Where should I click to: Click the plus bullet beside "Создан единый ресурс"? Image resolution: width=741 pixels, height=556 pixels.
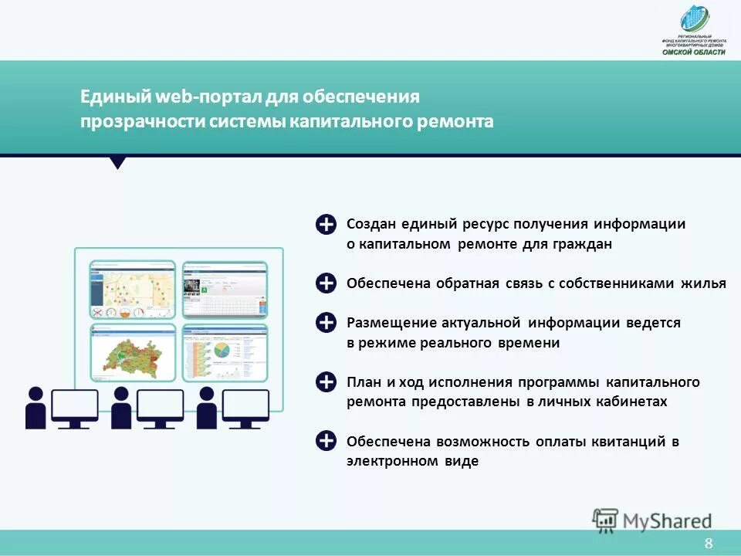click(327, 224)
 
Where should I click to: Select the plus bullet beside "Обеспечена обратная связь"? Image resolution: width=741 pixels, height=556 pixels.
click(327, 283)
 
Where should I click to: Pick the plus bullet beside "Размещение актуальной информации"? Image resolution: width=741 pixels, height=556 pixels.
click(327, 323)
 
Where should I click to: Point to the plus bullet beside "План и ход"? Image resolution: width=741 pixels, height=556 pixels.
click(327, 382)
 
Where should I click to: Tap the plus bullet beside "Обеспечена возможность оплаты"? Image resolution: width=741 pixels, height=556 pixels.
click(327, 441)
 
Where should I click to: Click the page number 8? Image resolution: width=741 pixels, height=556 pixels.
click(708, 544)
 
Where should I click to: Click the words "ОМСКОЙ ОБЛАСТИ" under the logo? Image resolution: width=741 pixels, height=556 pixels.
click(694, 51)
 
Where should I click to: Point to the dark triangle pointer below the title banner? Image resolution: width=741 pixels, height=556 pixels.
click(117, 163)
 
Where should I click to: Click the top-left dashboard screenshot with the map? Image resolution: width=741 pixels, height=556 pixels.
click(132, 290)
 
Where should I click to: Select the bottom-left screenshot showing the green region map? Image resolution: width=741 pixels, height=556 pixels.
click(132, 353)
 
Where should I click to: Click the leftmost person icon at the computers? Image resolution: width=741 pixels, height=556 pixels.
click(36, 407)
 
